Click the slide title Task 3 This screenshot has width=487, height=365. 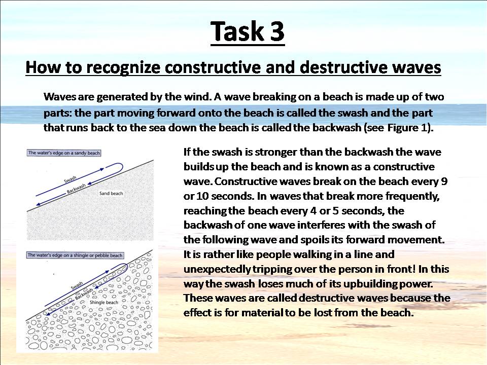(x=248, y=31)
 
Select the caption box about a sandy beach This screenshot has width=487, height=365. (x=64, y=153)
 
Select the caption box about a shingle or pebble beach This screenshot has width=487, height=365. (x=75, y=255)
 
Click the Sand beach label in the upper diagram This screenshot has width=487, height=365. (x=111, y=193)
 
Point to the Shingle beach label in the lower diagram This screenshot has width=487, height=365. (x=103, y=302)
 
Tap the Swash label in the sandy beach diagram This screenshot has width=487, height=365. (x=70, y=179)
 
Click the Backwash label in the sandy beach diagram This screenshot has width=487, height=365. (x=77, y=189)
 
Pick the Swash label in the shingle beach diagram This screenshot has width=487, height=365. (x=77, y=285)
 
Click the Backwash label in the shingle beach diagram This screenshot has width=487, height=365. (x=84, y=294)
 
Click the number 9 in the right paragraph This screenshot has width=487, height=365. (x=444, y=181)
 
